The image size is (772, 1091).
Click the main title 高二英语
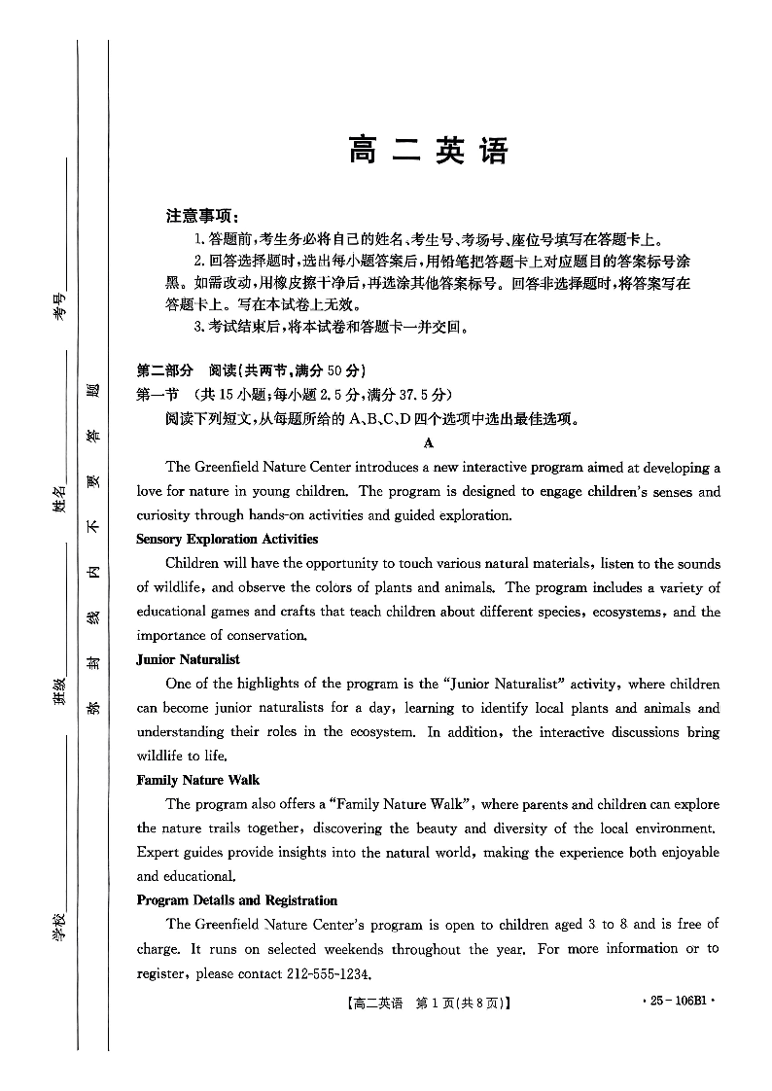pos(428,152)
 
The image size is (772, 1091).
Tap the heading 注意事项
pos(201,216)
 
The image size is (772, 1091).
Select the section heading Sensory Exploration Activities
pos(228,539)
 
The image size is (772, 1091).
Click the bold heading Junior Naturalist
pos(189,659)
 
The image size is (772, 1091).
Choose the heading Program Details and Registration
pos(237,900)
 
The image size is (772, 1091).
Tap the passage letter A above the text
pos(429,443)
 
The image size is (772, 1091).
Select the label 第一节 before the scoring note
pos(158,395)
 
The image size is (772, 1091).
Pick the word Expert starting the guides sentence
pos(159,852)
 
